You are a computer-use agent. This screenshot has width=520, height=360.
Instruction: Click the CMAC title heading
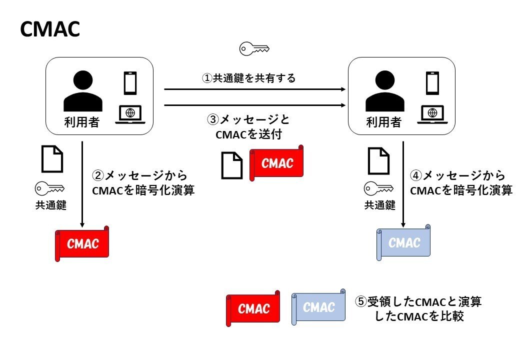coord(50,30)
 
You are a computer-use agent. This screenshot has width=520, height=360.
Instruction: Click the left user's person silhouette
coord(83,91)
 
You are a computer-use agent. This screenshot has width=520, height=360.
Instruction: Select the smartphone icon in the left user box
coord(130,83)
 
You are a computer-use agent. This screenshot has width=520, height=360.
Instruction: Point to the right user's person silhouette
coord(384,91)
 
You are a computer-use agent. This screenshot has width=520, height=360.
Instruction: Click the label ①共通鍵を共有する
coord(248,78)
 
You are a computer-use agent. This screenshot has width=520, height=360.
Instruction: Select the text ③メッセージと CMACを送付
coord(248,127)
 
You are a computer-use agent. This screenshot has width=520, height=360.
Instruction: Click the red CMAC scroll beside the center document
coord(277,163)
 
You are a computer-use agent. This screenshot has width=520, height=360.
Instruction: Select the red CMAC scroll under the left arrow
coord(82,243)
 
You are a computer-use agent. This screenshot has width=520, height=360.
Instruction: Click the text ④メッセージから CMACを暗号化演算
coord(460,183)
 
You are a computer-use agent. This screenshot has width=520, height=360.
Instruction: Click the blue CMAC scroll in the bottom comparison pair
coord(318,306)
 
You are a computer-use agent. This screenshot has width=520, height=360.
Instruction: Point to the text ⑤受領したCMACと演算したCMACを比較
coord(419,309)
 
